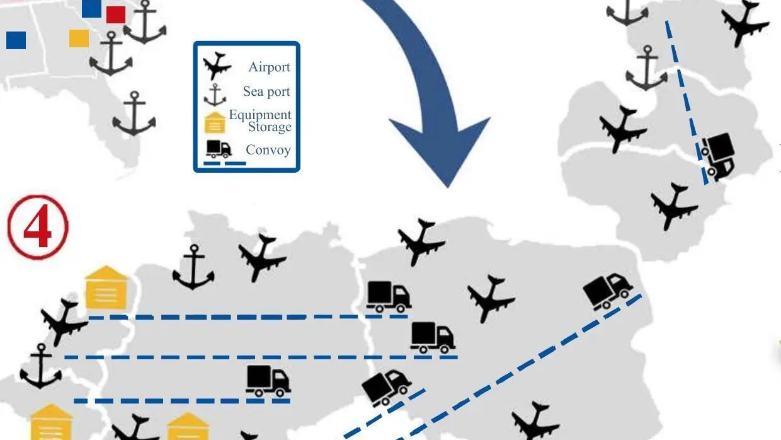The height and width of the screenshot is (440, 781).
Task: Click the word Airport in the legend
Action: [x=269, y=67]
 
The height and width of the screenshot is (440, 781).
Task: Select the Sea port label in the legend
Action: [x=266, y=91]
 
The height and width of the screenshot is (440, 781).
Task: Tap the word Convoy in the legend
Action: [x=268, y=150]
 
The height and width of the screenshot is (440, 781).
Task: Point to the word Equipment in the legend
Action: [x=260, y=115]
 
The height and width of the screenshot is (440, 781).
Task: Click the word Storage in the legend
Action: [x=270, y=127]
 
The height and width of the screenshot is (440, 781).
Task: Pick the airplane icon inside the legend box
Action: [x=217, y=66]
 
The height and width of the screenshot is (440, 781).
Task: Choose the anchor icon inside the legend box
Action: [x=215, y=95]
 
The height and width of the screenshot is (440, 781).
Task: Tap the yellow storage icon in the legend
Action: [x=215, y=122]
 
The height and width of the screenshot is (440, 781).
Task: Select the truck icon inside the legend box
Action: [x=219, y=149]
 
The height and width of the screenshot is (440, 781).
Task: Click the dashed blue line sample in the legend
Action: [x=225, y=163]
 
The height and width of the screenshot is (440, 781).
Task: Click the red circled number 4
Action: [x=37, y=228]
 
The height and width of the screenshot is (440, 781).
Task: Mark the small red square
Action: [x=116, y=14]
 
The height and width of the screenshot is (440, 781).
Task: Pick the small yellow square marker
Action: [x=79, y=38]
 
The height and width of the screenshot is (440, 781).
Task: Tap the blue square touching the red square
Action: [x=91, y=8]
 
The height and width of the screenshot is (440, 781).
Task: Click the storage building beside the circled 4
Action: [x=106, y=288]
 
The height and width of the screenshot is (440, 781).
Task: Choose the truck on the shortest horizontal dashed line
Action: [x=268, y=381]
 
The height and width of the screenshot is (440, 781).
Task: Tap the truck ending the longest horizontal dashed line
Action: [x=433, y=337]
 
